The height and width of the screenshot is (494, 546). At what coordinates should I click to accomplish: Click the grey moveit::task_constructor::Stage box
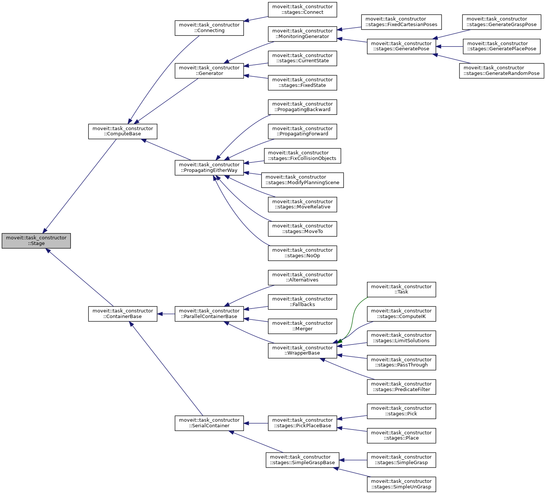click(x=36, y=240)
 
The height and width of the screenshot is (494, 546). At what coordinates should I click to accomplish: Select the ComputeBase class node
click(x=123, y=131)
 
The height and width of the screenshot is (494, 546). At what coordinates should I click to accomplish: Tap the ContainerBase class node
click(x=123, y=314)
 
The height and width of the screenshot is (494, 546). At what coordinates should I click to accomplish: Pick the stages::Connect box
click(x=302, y=9)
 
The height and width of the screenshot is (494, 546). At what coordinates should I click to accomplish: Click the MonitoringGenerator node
click(x=302, y=34)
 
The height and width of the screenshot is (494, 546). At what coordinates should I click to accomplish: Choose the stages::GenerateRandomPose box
click(x=502, y=70)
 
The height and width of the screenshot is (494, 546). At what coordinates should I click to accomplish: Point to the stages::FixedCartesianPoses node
click(x=401, y=22)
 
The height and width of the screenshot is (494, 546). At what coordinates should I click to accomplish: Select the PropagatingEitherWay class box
click(x=209, y=167)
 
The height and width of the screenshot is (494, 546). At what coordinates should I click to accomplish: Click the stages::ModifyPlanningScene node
click(x=302, y=180)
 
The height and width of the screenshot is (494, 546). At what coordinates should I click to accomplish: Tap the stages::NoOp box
click(x=302, y=253)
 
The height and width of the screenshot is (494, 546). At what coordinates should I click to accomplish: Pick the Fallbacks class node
click(x=302, y=302)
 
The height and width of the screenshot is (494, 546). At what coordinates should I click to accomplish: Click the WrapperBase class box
click(x=302, y=350)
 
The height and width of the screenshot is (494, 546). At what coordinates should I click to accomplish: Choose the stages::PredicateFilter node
click(x=401, y=387)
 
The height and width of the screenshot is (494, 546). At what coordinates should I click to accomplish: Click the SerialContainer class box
click(x=209, y=423)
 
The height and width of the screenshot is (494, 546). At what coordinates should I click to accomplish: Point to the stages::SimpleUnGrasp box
click(x=401, y=484)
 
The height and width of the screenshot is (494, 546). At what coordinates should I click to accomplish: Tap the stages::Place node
click(x=401, y=435)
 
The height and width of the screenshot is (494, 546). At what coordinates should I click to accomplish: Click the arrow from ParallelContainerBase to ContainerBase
click(x=166, y=314)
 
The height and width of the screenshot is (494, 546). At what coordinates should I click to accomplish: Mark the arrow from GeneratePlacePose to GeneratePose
click(x=449, y=47)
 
